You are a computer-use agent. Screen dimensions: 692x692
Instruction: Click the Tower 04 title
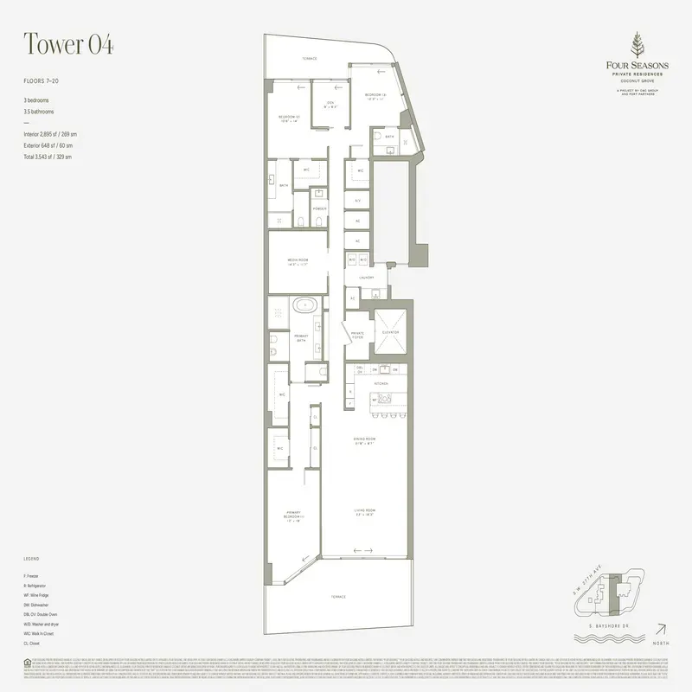click(69, 44)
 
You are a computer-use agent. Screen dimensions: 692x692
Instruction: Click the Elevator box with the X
click(390, 331)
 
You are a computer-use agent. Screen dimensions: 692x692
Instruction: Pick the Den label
click(330, 105)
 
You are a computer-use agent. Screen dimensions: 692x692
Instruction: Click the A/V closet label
click(357, 200)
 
